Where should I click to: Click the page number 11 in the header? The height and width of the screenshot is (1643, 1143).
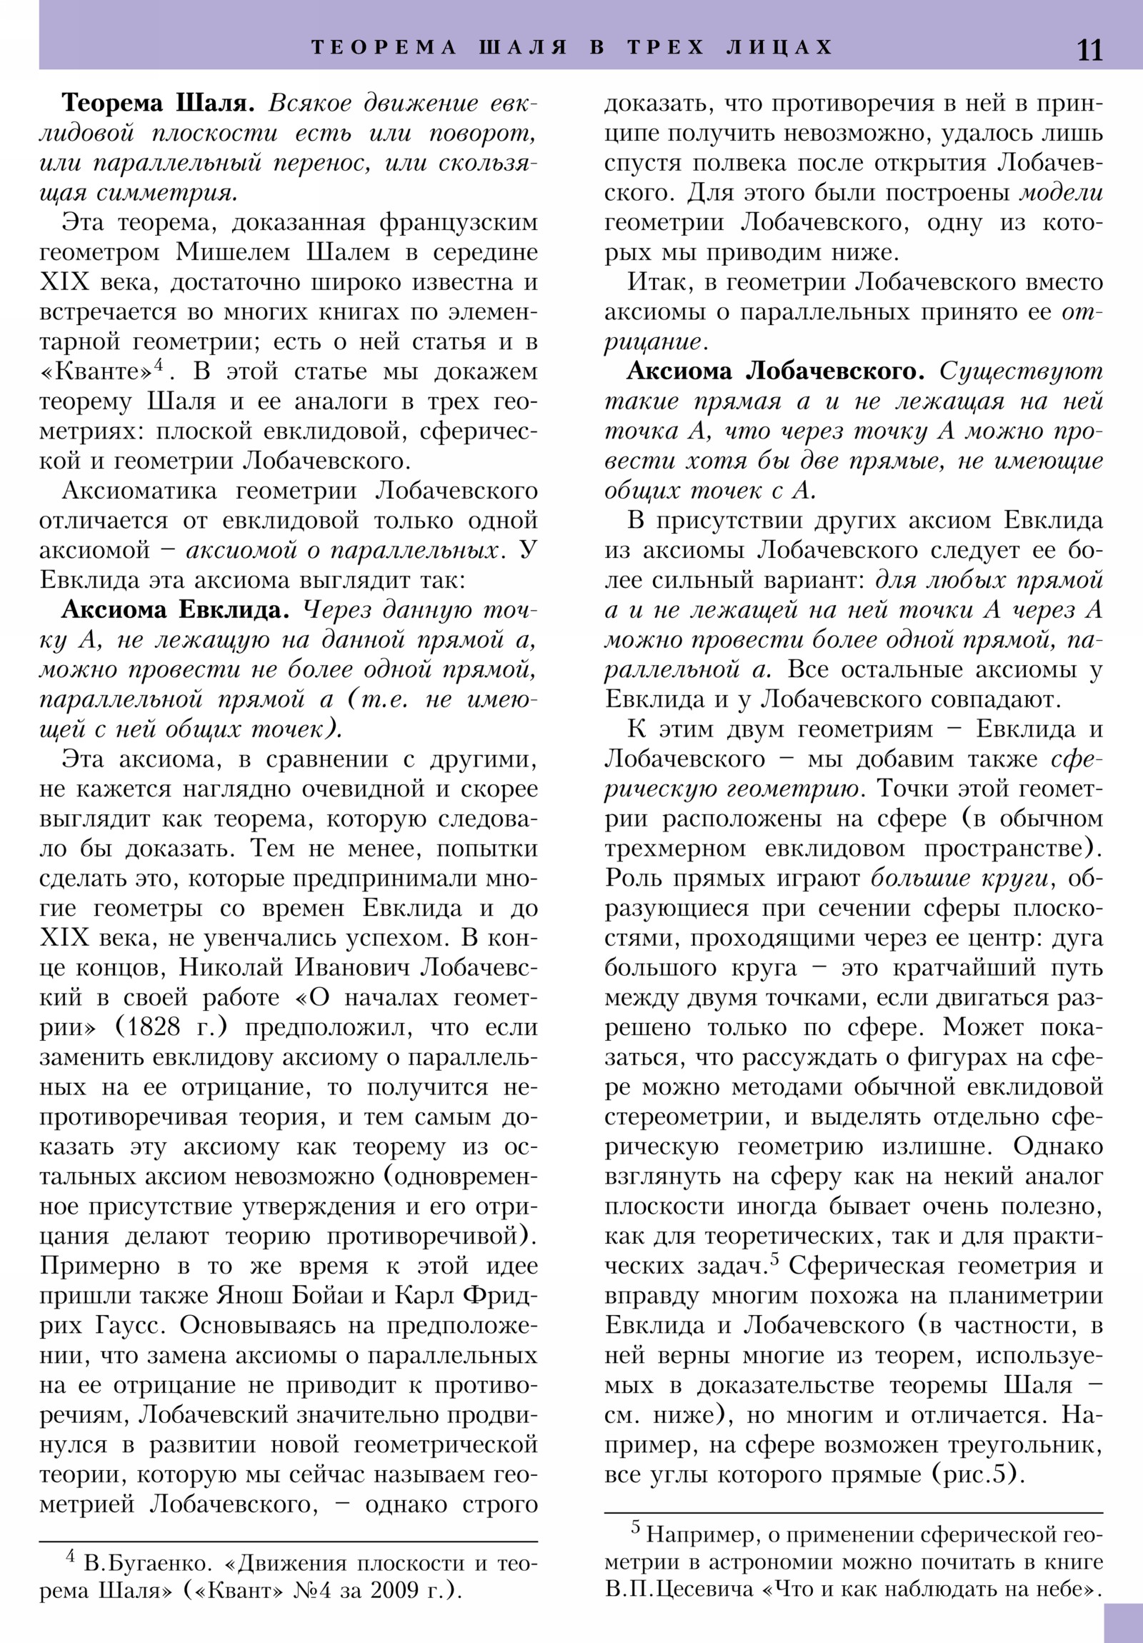(1089, 50)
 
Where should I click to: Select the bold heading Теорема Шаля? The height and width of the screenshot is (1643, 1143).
(157, 103)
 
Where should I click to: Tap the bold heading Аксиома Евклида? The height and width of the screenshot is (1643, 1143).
(175, 609)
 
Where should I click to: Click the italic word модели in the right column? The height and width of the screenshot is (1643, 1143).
(1061, 192)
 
